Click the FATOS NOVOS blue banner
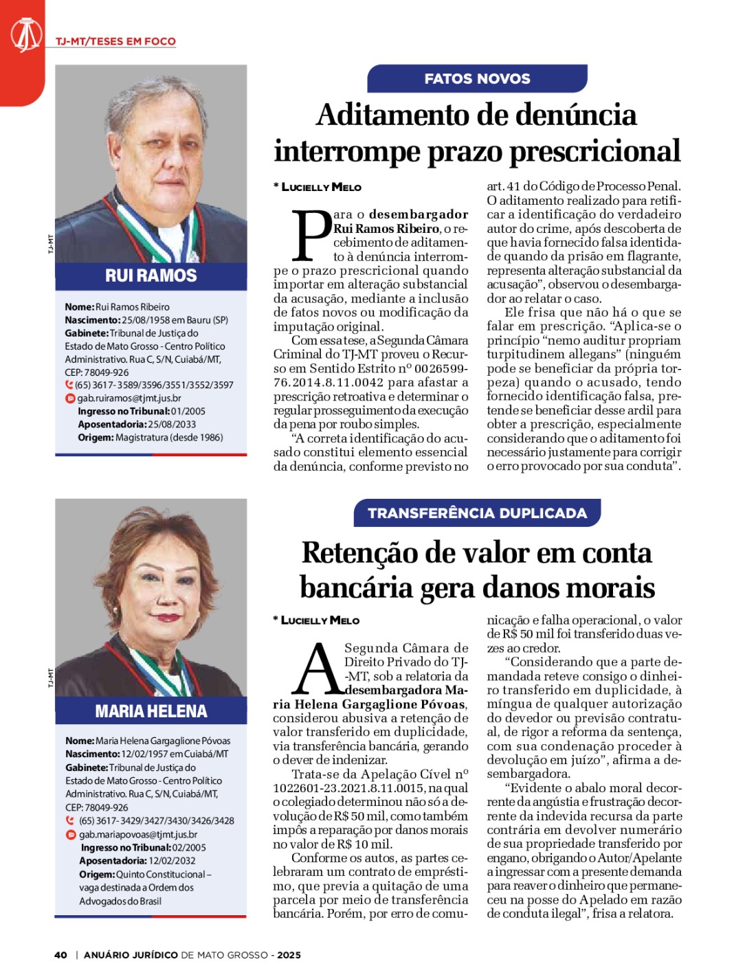(477, 78)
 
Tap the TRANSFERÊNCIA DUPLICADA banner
(477, 513)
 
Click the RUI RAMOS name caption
(151, 276)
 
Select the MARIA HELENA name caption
(151, 710)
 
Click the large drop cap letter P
(311, 236)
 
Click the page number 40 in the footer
(60, 954)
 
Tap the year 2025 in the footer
(289, 954)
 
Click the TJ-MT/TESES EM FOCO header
(115, 41)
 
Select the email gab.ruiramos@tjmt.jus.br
(129, 398)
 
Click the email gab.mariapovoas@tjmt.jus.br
(137, 834)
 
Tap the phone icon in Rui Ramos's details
(69, 385)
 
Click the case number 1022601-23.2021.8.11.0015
(350, 788)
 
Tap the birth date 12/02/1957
(145, 754)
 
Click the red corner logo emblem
(26, 35)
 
